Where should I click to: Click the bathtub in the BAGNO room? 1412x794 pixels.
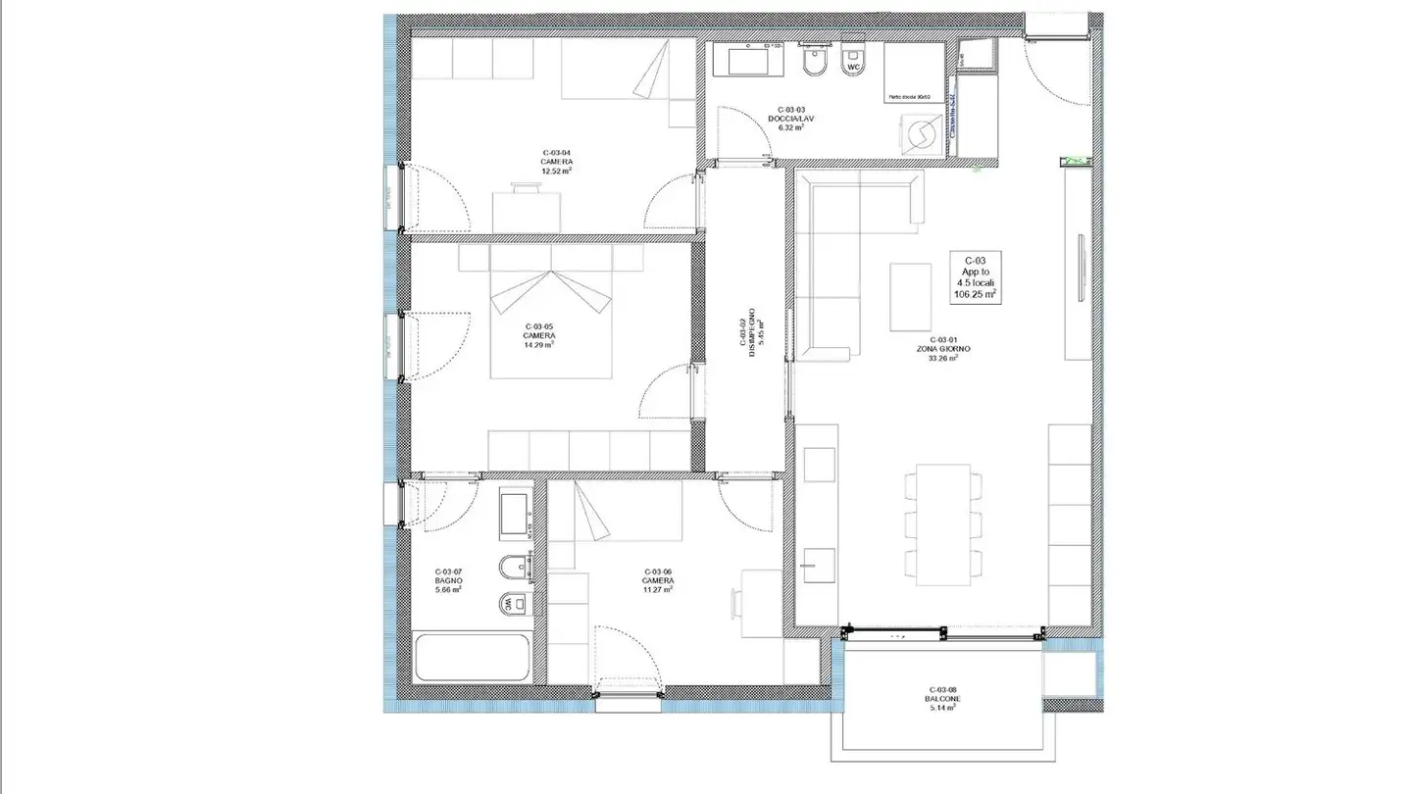(470, 658)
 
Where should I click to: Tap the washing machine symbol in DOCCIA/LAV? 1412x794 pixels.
(921, 133)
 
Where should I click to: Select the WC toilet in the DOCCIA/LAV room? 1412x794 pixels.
(854, 63)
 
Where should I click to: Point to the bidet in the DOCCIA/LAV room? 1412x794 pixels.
(813, 64)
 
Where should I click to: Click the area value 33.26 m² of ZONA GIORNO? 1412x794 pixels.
(942, 358)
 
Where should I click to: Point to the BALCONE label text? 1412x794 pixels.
(942, 699)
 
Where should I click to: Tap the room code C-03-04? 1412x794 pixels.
(556, 152)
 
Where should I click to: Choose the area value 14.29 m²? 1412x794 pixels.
(539, 344)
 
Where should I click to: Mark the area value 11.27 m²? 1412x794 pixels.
(658, 590)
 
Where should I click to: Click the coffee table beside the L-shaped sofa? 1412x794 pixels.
(911, 297)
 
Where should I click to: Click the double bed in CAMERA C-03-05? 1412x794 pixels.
(551, 319)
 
